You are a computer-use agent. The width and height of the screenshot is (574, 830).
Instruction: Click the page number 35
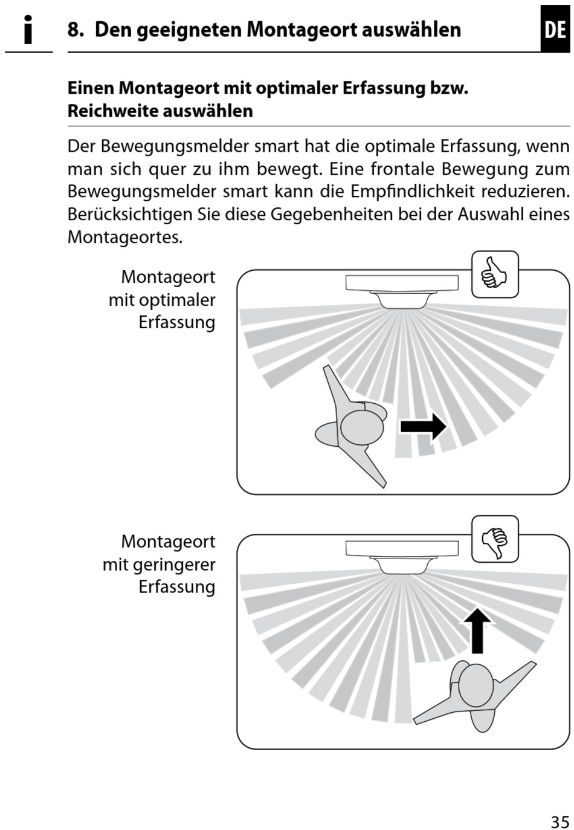(559, 822)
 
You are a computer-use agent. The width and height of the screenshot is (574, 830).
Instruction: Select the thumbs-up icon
(495, 274)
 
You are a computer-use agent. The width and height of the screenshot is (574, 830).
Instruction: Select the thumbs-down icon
(495, 539)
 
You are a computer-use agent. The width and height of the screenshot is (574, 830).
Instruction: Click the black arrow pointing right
(423, 426)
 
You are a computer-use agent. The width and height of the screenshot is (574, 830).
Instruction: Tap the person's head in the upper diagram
(362, 427)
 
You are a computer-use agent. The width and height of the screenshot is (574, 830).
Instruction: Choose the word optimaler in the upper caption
(177, 300)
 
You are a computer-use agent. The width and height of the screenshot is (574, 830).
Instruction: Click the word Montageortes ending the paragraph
(124, 237)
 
